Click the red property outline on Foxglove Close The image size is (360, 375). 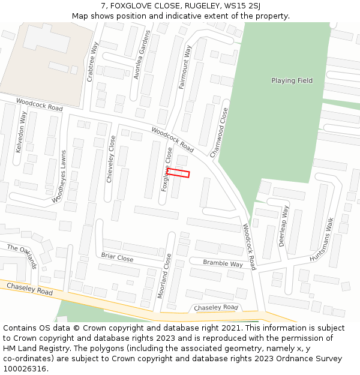tap(178, 173)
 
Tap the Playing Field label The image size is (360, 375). tap(292, 80)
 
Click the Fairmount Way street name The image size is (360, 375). tap(185, 67)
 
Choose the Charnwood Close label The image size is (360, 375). tap(218, 133)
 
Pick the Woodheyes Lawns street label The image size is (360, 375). tap(67, 176)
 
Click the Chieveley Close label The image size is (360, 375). tap(110, 159)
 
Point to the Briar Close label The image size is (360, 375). tap(117, 258)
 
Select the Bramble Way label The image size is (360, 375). tap(223, 263)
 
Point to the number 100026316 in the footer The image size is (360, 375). tap(26, 369)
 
